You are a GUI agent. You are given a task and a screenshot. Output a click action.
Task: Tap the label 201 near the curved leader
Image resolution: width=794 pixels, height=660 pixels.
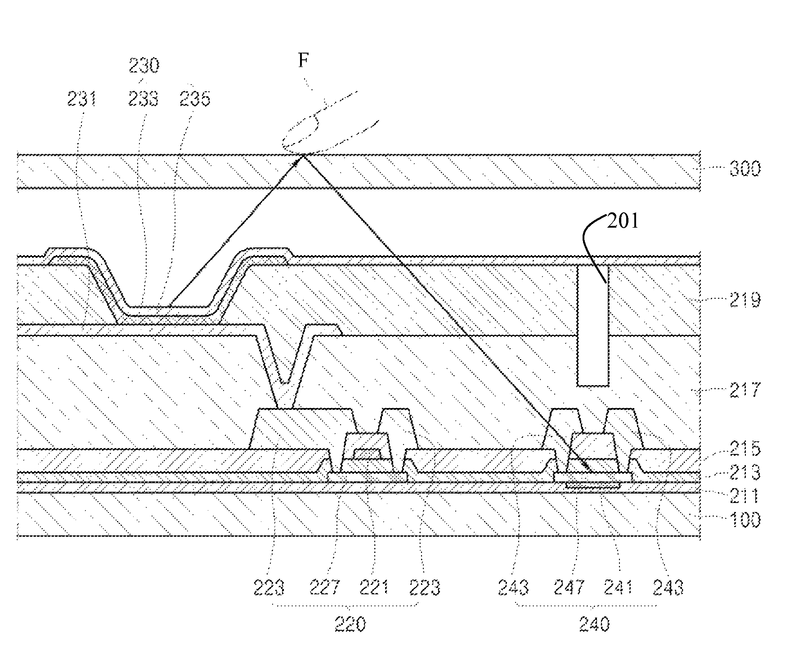click(623, 221)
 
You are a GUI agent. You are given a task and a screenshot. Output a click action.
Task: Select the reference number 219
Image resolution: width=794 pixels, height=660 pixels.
click(745, 299)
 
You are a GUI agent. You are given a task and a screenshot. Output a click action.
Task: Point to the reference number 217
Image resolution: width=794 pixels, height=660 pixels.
click(745, 389)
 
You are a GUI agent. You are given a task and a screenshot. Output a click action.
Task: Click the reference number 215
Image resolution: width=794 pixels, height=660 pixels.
click(745, 449)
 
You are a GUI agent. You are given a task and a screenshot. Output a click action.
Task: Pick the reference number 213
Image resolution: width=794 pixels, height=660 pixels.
click(745, 472)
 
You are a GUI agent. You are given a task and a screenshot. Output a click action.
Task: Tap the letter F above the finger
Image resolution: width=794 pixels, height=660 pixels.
click(304, 60)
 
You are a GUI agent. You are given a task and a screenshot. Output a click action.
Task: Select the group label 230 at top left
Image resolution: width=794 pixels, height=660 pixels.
click(144, 66)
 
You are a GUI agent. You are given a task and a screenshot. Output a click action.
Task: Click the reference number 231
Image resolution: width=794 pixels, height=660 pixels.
click(82, 99)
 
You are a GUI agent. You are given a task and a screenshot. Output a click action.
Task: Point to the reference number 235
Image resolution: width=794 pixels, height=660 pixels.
click(194, 99)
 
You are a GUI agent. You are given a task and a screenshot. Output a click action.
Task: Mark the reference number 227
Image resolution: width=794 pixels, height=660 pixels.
click(324, 587)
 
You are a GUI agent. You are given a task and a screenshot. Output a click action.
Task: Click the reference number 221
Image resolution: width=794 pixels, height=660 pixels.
click(374, 587)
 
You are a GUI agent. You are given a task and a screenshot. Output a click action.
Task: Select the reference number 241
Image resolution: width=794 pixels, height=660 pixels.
click(619, 587)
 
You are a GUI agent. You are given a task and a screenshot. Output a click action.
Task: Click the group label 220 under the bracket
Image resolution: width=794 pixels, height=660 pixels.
click(351, 624)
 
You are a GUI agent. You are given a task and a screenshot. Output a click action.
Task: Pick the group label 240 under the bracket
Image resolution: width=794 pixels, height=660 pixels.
click(594, 624)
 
